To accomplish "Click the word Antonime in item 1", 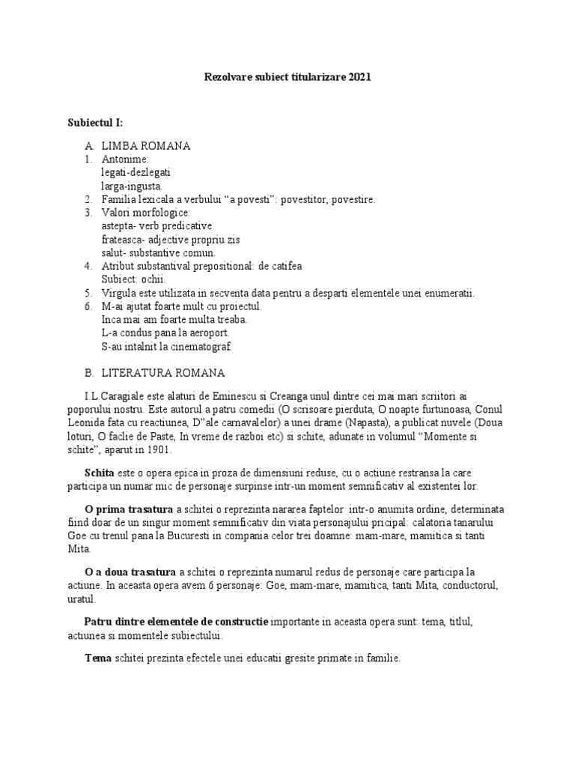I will pyautogui.click(x=125, y=159).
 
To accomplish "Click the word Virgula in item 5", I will pyautogui.click(x=121, y=293).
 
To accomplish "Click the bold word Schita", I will pyautogui.click(x=100, y=473).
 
